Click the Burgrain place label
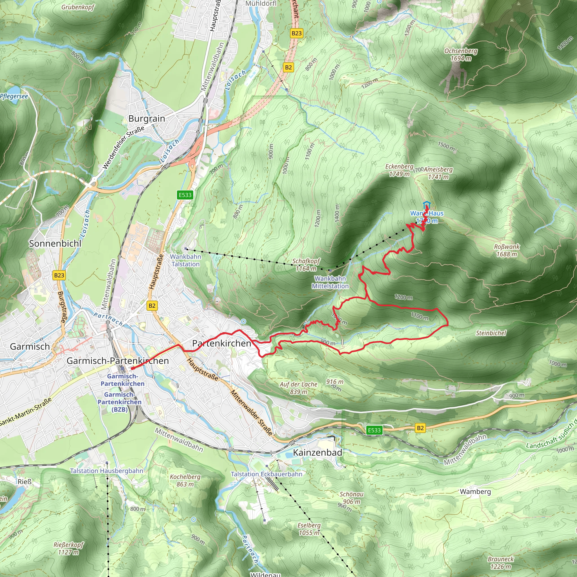click(147, 119)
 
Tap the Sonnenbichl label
click(55, 243)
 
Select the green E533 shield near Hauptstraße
click(185, 195)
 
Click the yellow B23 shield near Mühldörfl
click(297, 33)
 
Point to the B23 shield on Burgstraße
click(59, 275)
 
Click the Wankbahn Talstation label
click(185, 260)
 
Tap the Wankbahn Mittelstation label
click(330, 282)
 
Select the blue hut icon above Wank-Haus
click(427, 205)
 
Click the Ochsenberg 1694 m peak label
click(461, 55)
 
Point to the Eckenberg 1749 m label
click(399, 170)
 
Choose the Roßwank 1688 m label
click(507, 250)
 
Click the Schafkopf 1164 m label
click(306, 265)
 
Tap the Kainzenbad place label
click(317, 452)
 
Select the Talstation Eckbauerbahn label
click(267, 474)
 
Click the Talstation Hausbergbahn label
click(106, 471)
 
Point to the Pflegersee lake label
click(14, 96)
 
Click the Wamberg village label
click(475, 491)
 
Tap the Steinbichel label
click(491, 333)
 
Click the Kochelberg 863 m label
click(185, 480)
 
